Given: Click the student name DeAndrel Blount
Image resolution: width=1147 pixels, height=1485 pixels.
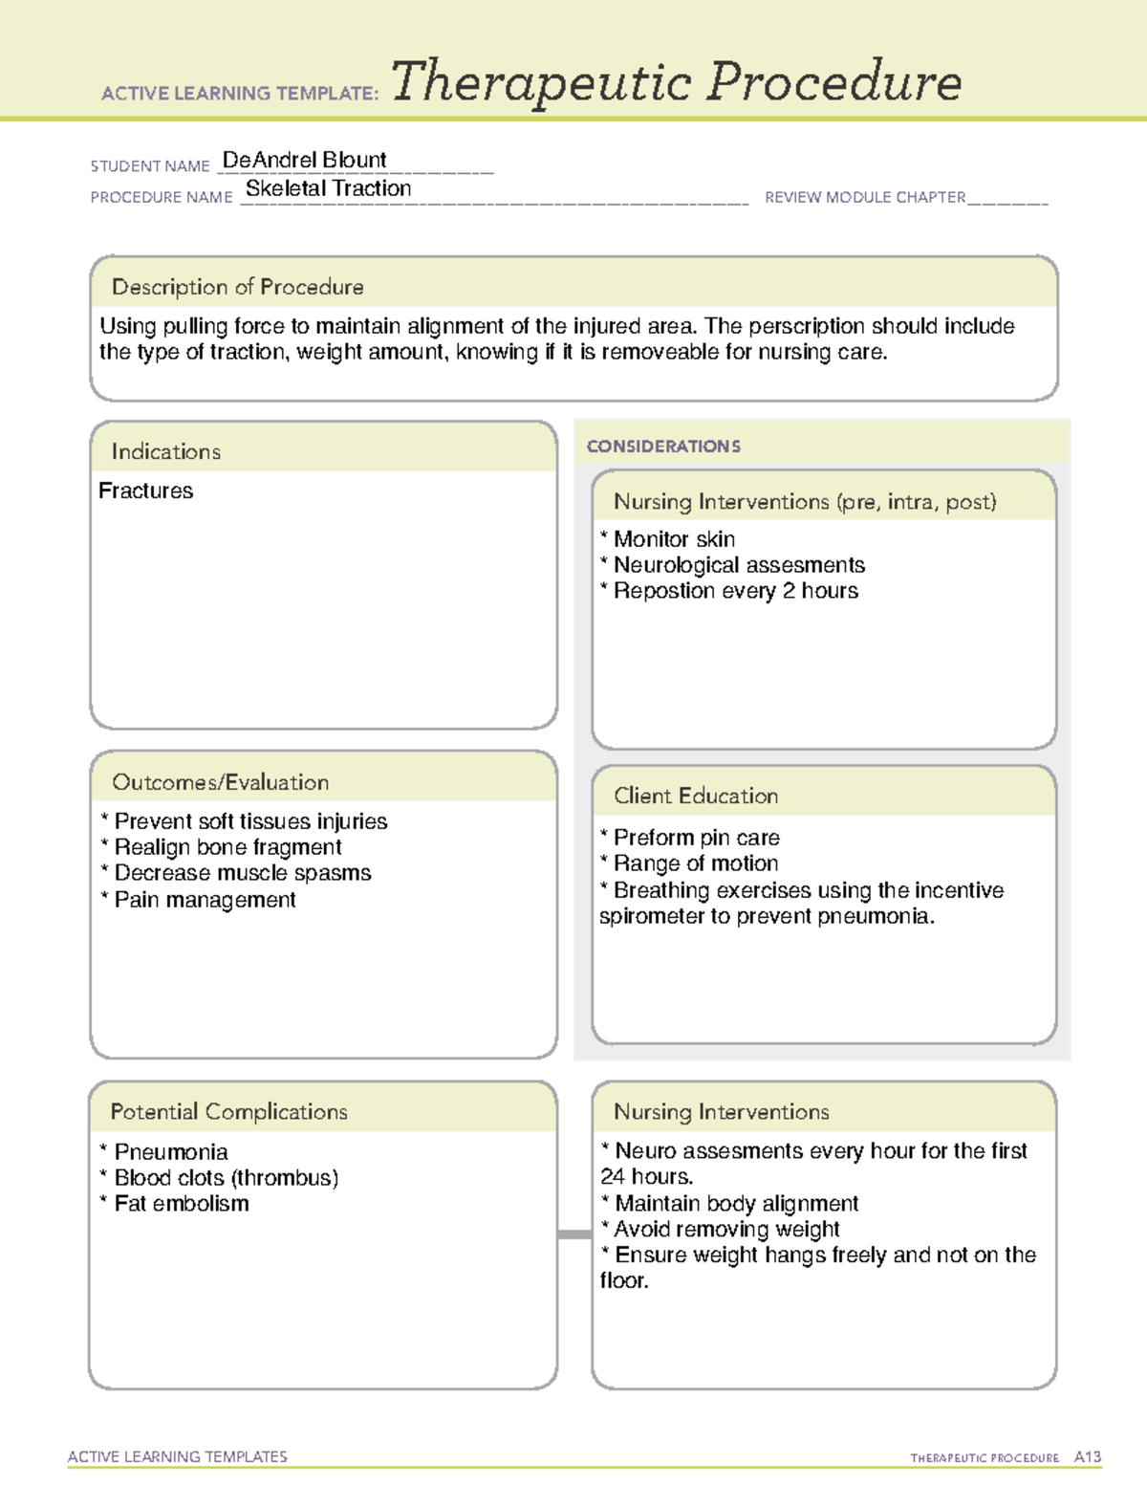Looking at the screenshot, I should point(304,160).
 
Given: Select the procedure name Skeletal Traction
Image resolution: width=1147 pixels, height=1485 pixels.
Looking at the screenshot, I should point(328,188).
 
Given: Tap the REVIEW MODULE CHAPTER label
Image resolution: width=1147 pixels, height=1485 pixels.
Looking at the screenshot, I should point(864,197).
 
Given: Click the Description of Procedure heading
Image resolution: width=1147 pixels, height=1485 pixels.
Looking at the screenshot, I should point(237,287).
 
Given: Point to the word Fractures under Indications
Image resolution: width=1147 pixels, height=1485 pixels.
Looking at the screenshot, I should point(145,491).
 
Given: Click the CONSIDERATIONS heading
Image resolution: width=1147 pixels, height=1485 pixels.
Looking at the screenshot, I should point(663,447).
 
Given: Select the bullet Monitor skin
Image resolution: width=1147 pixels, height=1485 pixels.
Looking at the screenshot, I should point(673,539).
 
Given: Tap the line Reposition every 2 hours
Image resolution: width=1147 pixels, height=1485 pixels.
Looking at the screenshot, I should point(734,591).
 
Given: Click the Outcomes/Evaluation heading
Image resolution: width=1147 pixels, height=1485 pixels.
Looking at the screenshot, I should point(220,782).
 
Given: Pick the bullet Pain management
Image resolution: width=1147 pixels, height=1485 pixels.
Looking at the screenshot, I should point(204,900).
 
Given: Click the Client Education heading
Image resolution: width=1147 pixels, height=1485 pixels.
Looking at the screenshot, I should point(695,796).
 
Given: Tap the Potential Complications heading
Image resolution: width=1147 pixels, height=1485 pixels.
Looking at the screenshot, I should point(228,1111).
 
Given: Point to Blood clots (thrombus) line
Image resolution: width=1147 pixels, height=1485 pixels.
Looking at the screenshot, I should point(225,1178).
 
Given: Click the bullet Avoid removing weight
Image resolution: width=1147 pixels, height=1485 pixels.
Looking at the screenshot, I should point(725,1229).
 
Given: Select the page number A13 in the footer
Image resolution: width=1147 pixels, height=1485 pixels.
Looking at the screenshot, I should point(1087,1457).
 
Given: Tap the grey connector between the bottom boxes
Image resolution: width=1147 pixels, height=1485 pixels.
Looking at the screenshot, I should point(574,1234).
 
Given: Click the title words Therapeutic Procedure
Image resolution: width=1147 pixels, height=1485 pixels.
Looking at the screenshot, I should point(676,82).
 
